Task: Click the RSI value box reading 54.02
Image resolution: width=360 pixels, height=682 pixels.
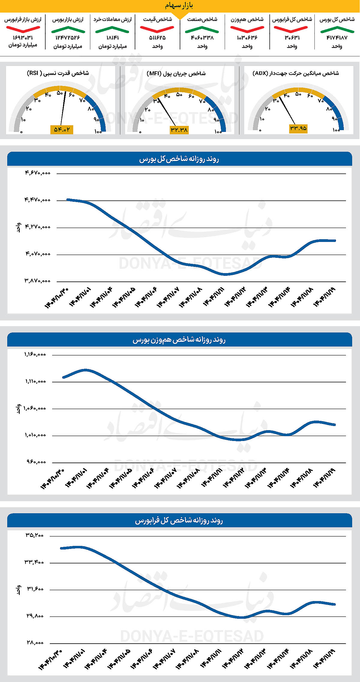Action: [61, 130]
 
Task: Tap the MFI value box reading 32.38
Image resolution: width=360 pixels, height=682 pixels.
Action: [179, 130]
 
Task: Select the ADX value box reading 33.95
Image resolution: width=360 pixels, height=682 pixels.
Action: [298, 128]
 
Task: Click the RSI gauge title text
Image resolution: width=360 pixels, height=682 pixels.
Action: [58, 73]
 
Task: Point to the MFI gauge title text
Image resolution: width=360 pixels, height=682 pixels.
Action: [176, 73]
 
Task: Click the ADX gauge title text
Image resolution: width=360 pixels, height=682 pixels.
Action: [295, 73]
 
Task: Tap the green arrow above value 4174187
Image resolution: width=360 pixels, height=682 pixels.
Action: [337, 29]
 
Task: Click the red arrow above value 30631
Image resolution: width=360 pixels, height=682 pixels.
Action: [291, 29]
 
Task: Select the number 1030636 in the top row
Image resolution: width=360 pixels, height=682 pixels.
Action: [247, 38]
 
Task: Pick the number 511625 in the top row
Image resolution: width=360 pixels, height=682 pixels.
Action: [157, 38]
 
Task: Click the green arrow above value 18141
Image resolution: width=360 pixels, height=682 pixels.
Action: [112, 29]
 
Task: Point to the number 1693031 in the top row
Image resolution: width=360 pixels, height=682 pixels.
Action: [23, 38]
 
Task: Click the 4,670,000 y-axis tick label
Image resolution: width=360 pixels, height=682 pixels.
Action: [37, 173]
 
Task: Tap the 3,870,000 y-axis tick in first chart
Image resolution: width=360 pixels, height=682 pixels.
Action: [37, 281]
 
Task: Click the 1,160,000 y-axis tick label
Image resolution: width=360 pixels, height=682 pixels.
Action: [35, 354]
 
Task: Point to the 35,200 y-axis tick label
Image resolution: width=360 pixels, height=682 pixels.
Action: [34, 535]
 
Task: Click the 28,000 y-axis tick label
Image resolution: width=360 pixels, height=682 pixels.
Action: [35, 643]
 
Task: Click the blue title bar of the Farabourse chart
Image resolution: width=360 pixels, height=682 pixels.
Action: [179, 520]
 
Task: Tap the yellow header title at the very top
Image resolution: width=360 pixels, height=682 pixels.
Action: [179, 6]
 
